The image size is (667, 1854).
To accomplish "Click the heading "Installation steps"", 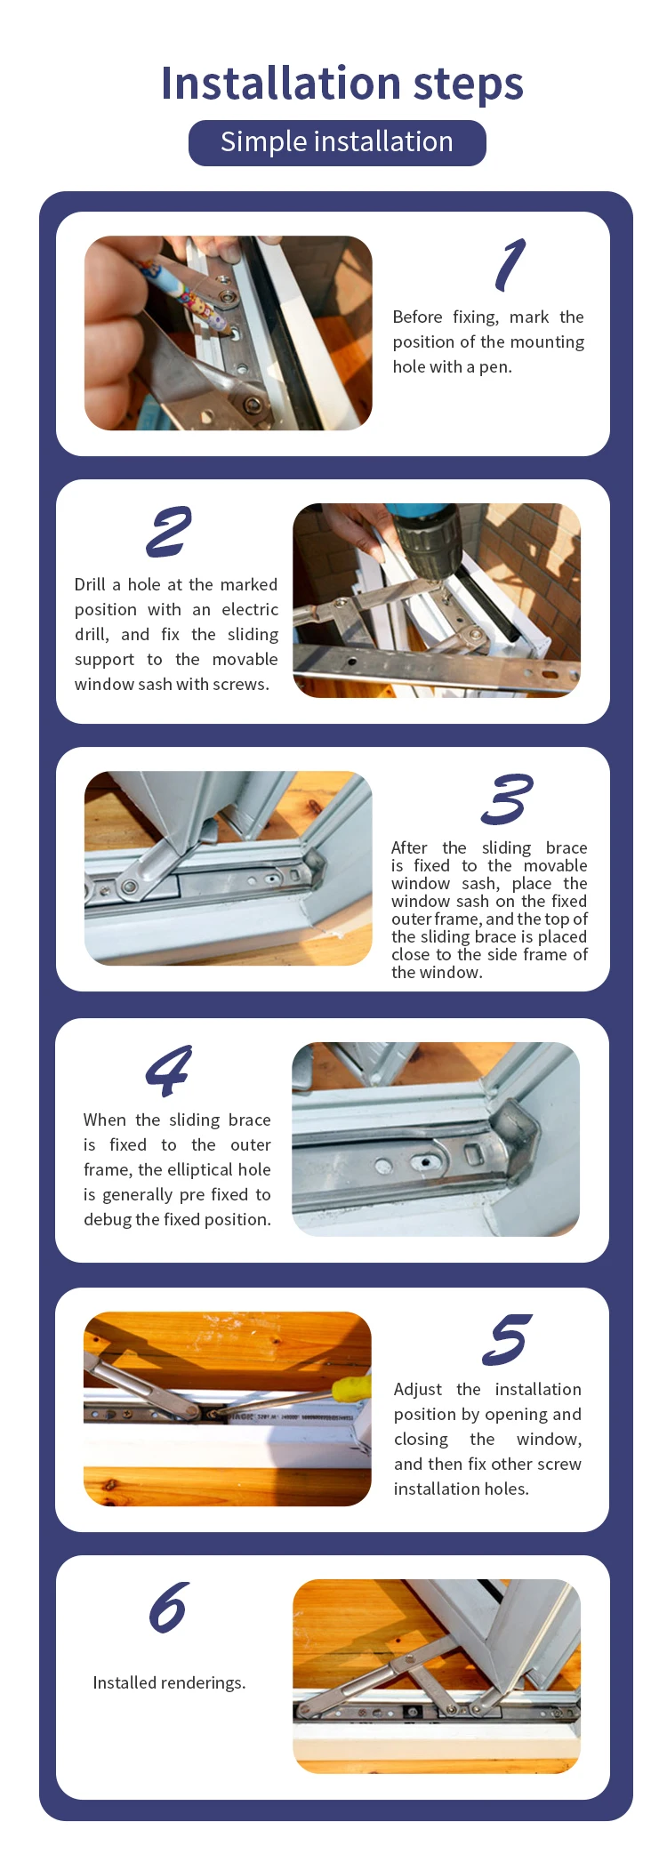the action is point(342,84).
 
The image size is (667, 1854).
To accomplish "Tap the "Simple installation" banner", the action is point(337,142).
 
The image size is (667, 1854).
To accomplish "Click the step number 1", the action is point(510,265).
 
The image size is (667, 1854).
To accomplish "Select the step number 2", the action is point(169,532).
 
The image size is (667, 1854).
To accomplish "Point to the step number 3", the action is point(507,799).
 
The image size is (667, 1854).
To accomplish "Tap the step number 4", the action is point(169,1071).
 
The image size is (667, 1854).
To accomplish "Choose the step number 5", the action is point(507,1339).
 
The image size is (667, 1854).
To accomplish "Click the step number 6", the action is point(169,1608).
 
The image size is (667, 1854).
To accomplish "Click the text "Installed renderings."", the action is point(169,1682).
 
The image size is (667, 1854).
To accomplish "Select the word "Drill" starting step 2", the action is point(90,584).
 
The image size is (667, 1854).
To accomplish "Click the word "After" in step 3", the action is point(409,847).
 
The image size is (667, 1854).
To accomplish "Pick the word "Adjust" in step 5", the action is point(418,1390).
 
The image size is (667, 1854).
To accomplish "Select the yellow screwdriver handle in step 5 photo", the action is point(351,1387).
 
